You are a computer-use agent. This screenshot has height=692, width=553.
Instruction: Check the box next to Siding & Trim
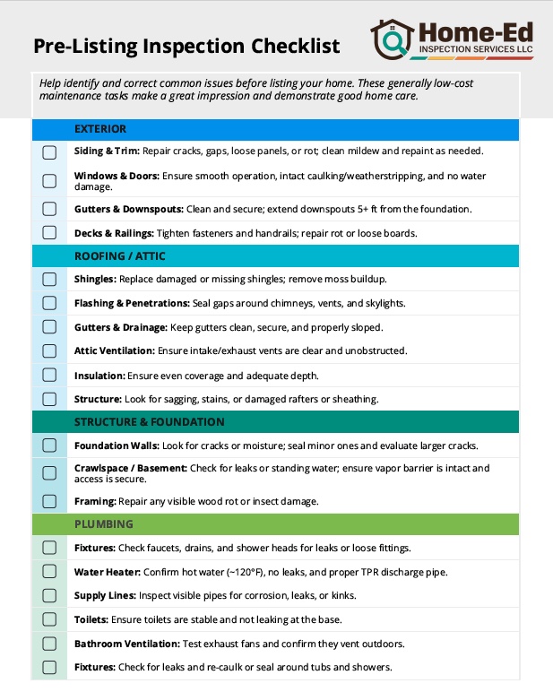pyautogui.click(x=49, y=151)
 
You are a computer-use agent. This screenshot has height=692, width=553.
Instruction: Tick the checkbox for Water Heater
pyautogui.click(x=49, y=571)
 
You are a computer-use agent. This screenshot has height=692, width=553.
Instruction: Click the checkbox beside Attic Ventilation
pyautogui.click(x=49, y=350)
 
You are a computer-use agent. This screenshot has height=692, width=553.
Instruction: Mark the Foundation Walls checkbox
pyautogui.click(x=49, y=445)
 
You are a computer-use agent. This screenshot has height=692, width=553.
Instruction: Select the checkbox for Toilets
pyautogui.click(x=49, y=619)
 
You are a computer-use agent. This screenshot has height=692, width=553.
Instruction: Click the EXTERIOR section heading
pyautogui.click(x=100, y=129)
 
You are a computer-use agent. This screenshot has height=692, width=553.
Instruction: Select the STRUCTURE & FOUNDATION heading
pyautogui.click(x=150, y=422)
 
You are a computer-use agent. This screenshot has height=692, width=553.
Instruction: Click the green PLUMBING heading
pyautogui.click(x=104, y=523)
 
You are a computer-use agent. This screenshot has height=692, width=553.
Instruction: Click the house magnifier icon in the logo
pyautogui.click(x=393, y=39)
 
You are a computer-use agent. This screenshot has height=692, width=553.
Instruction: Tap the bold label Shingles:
pyautogui.click(x=95, y=280)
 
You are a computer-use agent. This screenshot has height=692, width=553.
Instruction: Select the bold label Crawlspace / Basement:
pyautogui.click(x=131, y=468)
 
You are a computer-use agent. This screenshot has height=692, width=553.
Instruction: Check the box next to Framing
pyautogui.click(x=49, y=501)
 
